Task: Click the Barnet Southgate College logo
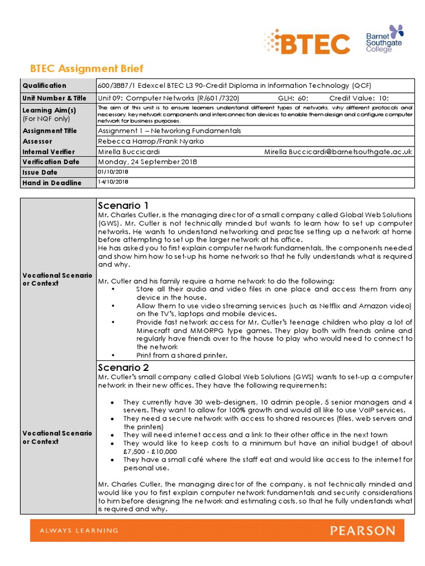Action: tap(385, 39)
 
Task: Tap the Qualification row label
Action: tap(44, 86)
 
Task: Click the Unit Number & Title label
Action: tap(54, 98)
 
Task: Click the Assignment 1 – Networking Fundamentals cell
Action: tap(169, 131)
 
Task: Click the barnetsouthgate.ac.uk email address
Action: tap(338, 151)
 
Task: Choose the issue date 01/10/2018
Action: tap(113, 172)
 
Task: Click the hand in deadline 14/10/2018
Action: tap(113, 182)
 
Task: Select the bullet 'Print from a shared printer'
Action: tap(182, 355)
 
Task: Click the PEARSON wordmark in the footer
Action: tap(362, 531)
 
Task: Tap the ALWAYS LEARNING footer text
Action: tap(79, 531)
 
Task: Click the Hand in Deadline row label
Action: tap(52, 183)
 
